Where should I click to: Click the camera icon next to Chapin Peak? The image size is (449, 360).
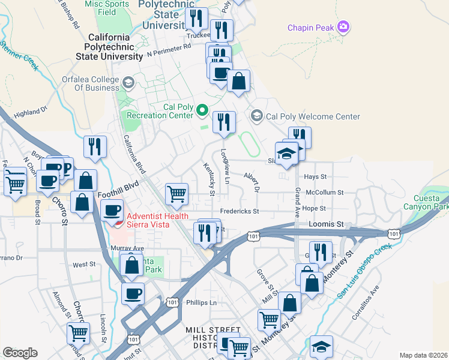pos(344,26)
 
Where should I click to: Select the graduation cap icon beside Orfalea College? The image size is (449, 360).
pos(128,82)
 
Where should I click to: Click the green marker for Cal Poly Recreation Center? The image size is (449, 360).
pos(202,110)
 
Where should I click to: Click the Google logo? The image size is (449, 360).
pos(20,353)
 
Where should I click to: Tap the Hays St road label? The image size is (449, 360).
pos(315,177)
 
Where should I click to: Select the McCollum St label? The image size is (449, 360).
pos(324,193)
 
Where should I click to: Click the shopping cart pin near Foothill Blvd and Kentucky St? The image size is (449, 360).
pos(176,193)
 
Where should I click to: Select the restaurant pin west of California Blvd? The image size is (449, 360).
pos(95,147)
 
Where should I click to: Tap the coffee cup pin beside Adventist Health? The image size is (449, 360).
pos(112,210)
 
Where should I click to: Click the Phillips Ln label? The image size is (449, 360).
pos(201,302)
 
